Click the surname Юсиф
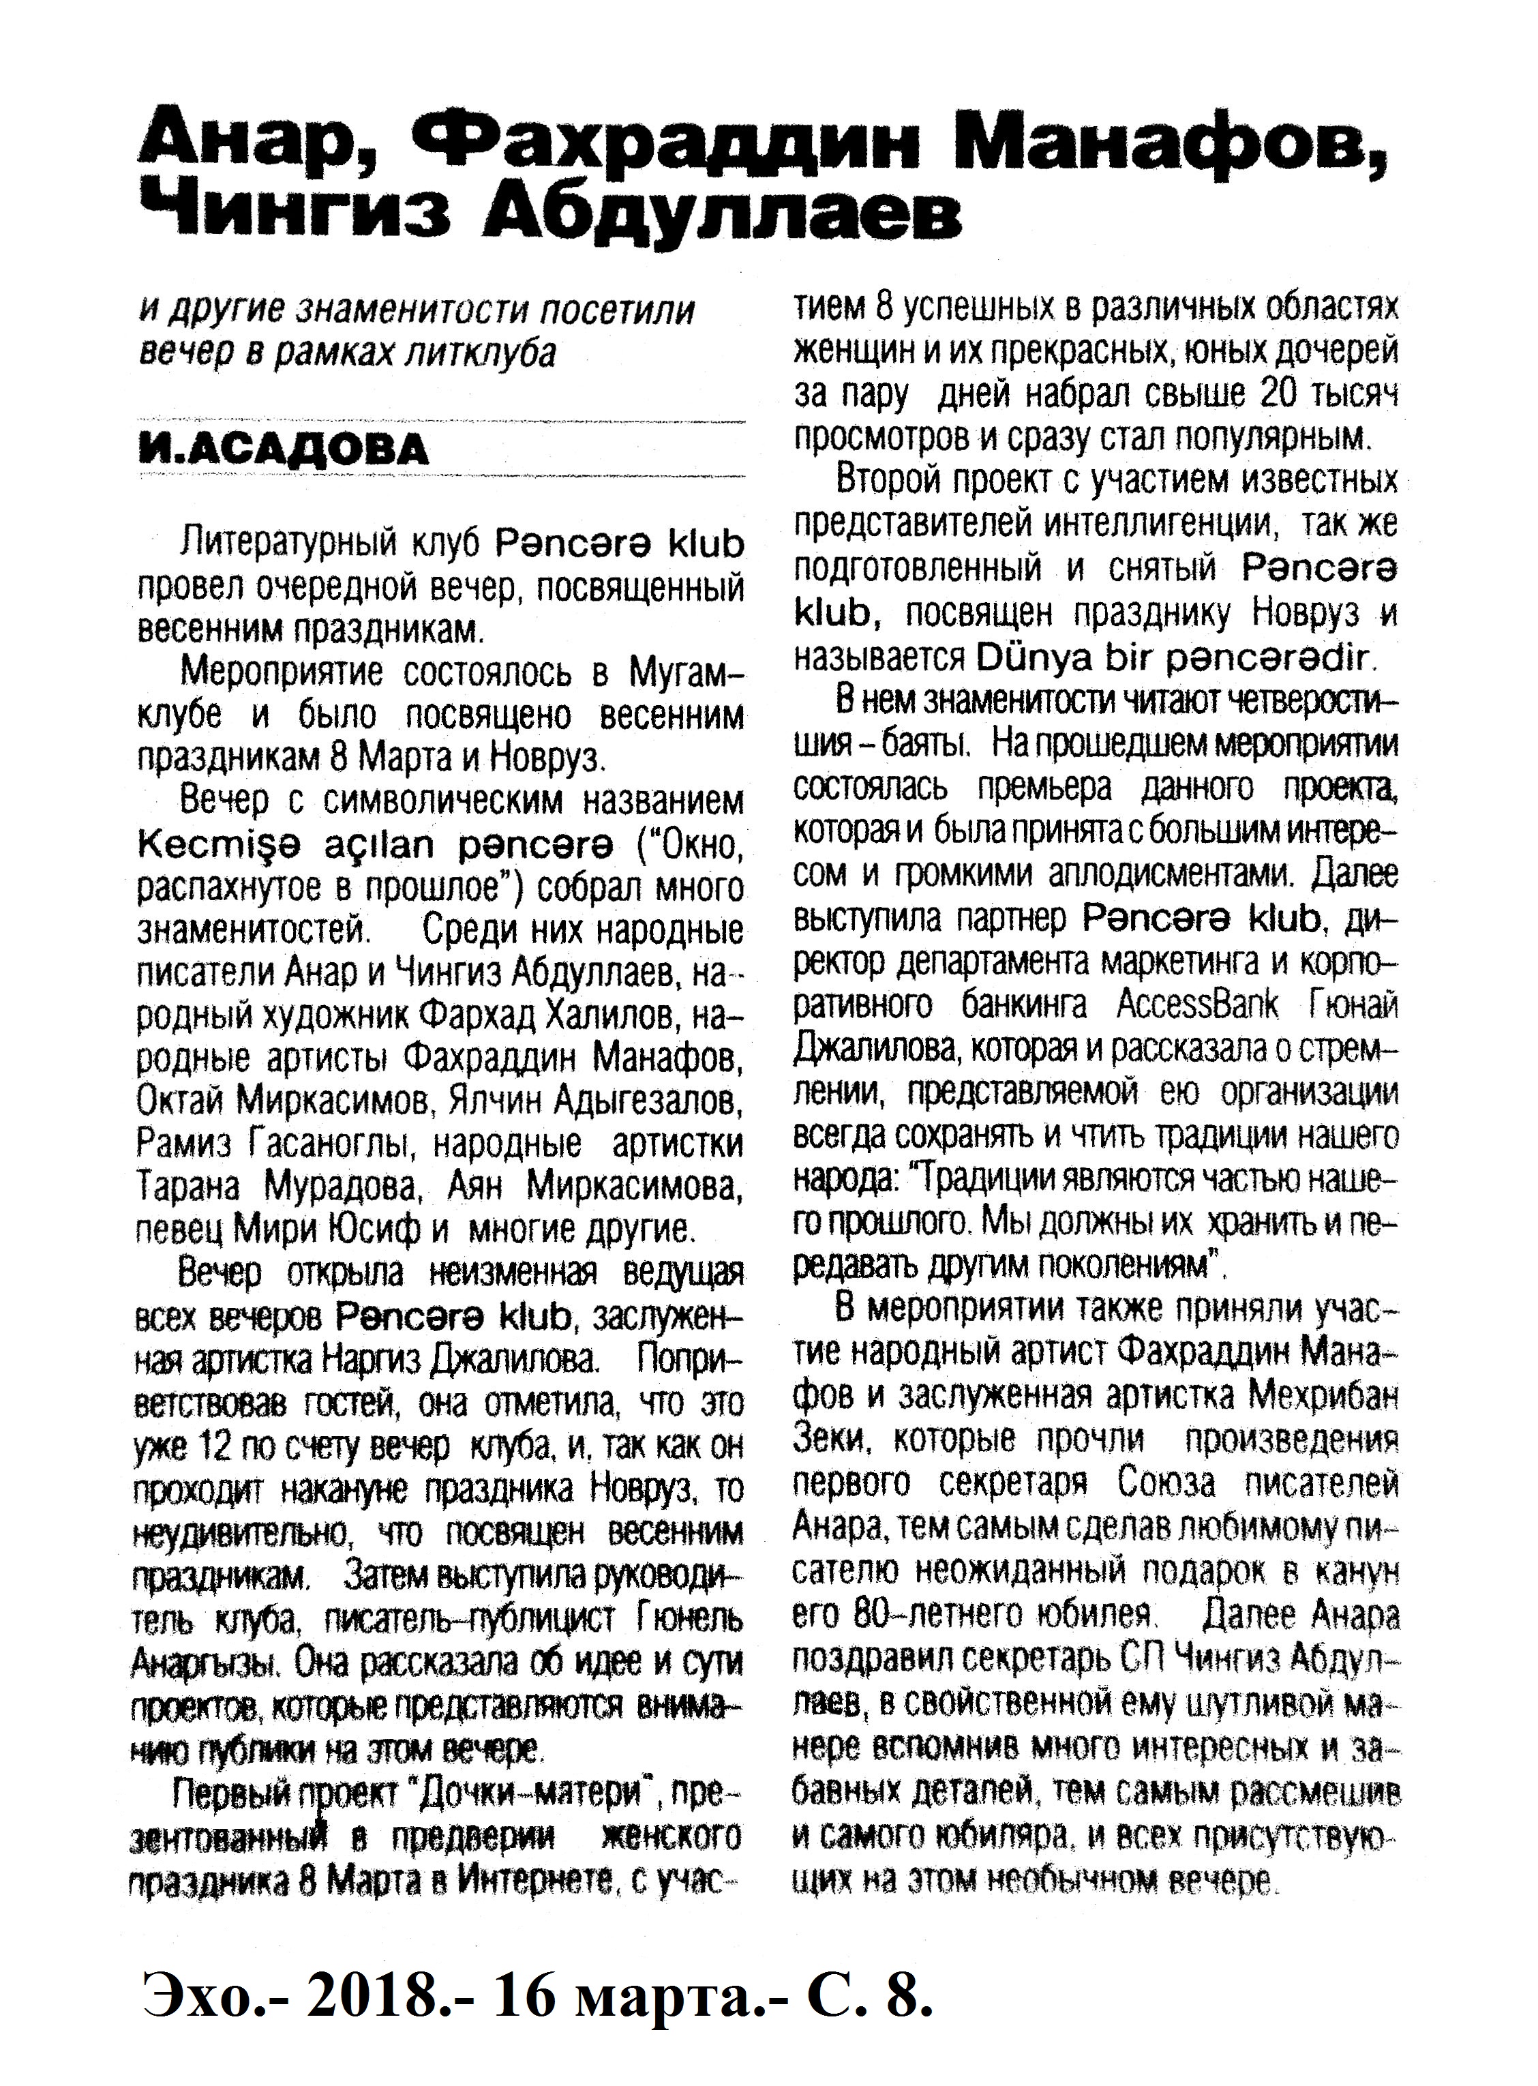[377, 1230]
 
